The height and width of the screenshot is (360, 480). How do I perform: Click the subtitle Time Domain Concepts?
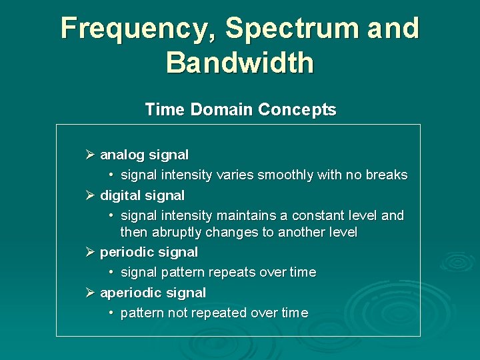coord(240,110)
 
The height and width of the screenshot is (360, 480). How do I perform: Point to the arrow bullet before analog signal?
coord(91,155)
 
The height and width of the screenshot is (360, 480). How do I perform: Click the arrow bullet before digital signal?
coord(91,195)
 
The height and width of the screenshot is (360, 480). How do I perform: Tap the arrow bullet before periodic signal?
coord(91,252)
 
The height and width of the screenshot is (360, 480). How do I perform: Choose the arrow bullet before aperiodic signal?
coord(91,293)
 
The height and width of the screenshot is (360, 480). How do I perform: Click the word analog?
coord(122,155)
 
